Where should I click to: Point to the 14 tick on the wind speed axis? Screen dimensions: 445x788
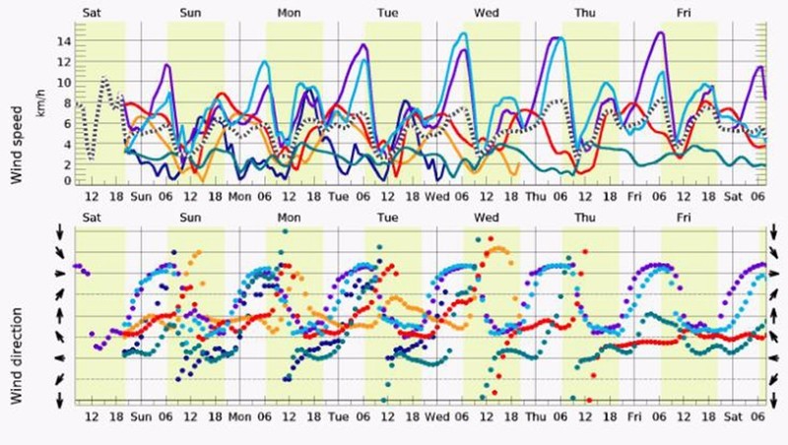click(65, 42)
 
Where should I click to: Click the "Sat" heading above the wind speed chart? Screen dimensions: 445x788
click(92, 12)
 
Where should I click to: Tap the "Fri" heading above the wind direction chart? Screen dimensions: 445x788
click(684, 216)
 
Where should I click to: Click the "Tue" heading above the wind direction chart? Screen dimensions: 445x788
click(387, 216)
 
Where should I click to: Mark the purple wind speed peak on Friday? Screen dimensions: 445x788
click(659, 32)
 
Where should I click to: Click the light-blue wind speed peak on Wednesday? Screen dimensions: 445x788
click(464, 33)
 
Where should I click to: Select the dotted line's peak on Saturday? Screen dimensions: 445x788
click(103, 76)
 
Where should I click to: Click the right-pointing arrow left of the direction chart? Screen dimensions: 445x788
click(60, 273)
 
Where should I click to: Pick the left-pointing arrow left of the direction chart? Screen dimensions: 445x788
click(60, 357)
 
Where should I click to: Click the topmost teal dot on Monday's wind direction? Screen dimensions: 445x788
click(284, 231)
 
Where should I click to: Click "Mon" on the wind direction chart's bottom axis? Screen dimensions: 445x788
click(239, 415)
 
